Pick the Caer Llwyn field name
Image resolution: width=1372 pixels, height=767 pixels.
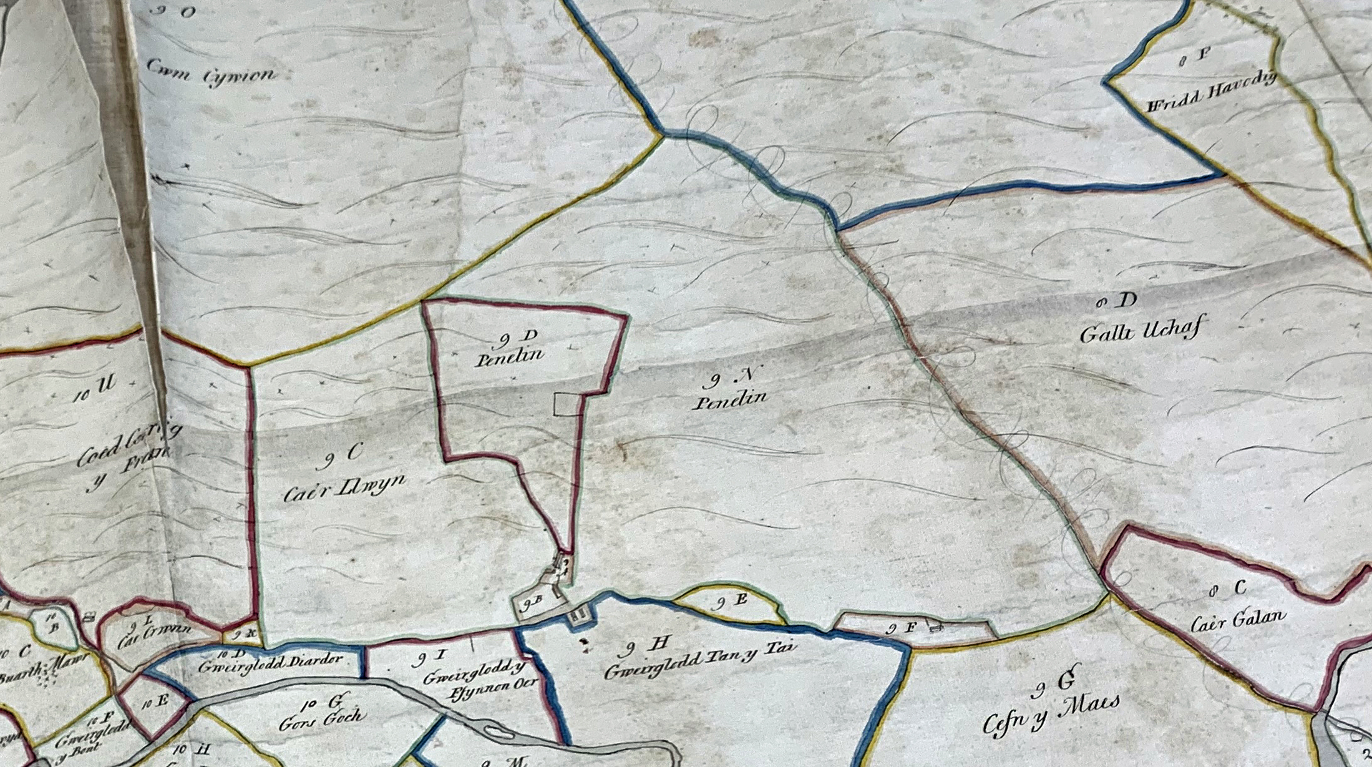[344, 487]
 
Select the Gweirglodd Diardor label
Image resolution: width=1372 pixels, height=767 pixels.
[270, 663]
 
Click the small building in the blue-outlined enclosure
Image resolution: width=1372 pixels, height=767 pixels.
[578, 615]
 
